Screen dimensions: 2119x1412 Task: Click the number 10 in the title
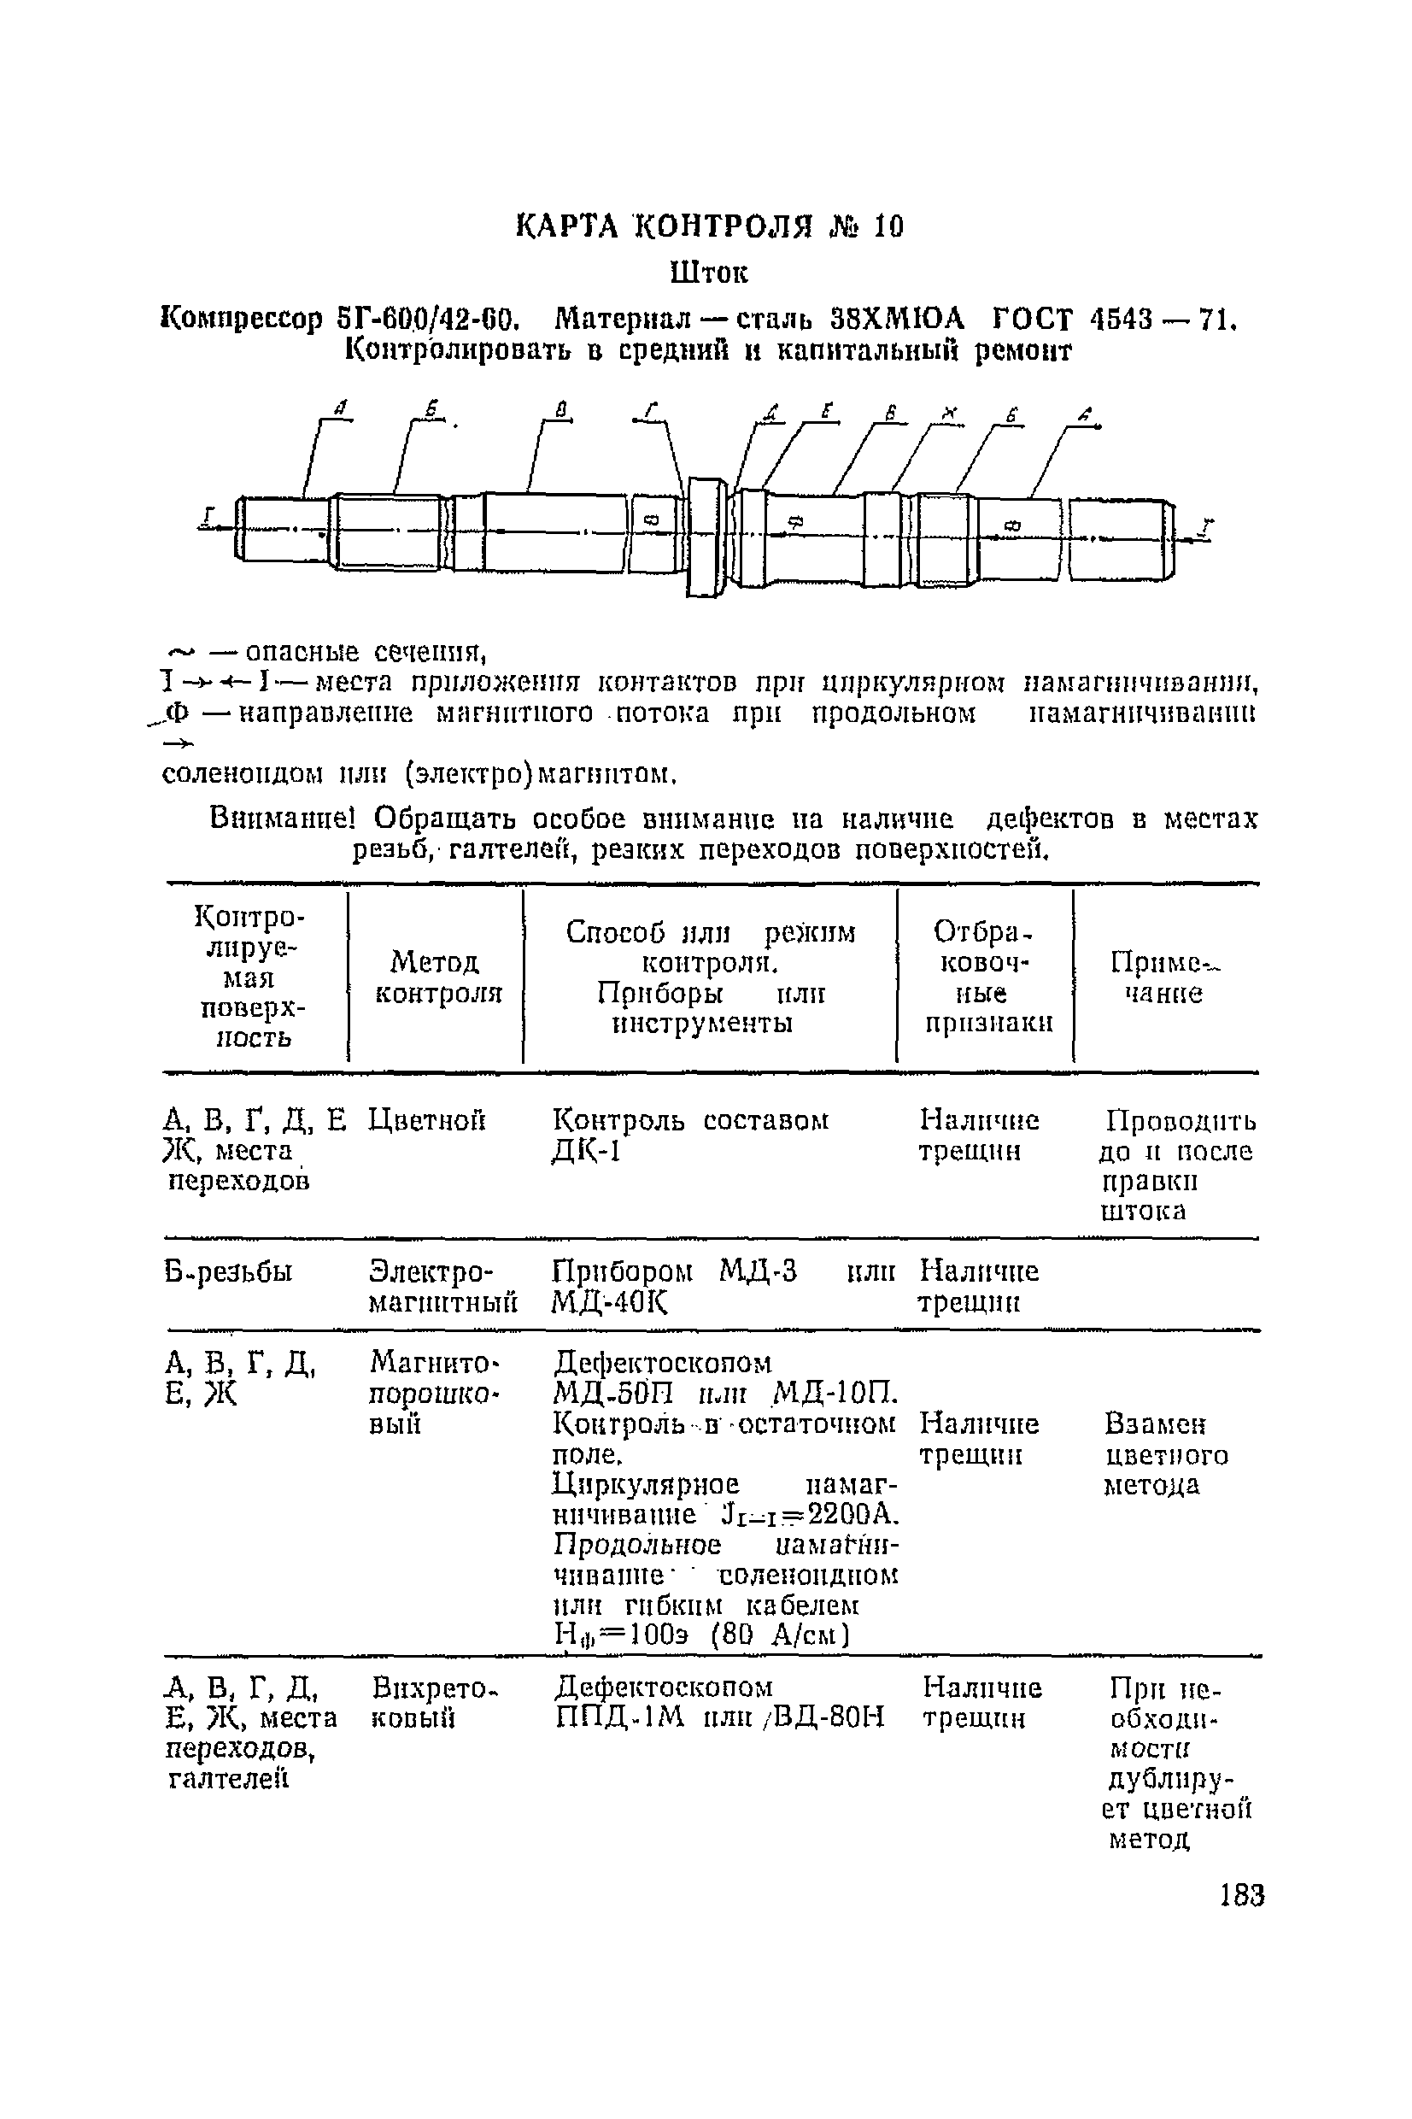[887, 227]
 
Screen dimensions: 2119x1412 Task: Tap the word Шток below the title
[710, 272]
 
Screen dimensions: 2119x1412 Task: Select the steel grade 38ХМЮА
[896, 319]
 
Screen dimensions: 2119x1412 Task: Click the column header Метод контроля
[437, 978]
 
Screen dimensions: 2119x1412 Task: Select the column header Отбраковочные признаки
[986, 978]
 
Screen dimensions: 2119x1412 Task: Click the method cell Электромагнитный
[442, 1287]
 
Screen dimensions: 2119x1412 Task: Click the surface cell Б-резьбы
[229, 1272]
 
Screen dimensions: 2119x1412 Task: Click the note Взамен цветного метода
[1165, 1454]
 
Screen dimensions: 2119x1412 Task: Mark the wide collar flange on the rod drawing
[706, 537]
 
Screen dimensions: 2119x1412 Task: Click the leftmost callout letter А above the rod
[339, 410]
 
